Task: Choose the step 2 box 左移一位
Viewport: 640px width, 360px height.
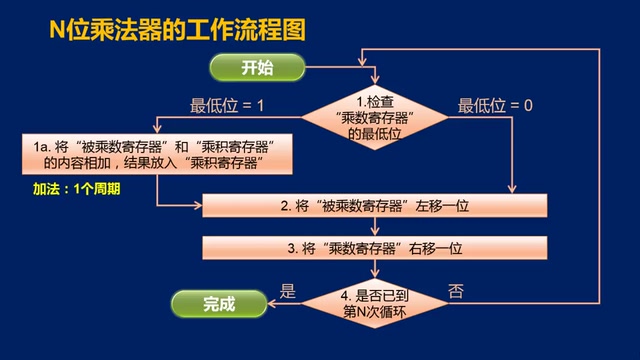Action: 375,205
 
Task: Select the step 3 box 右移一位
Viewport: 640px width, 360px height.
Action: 375,246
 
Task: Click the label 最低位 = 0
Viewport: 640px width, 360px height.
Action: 495,103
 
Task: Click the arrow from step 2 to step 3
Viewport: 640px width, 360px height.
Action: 374,226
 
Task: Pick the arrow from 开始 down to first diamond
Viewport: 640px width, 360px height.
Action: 374,78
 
